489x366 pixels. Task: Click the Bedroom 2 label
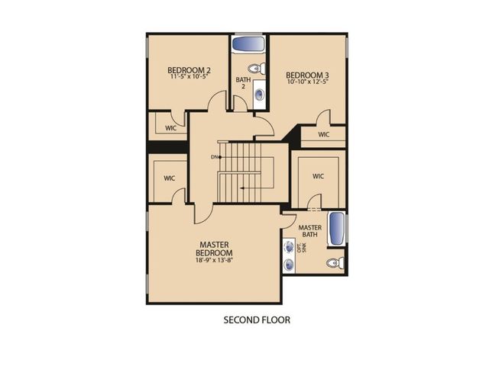(x=189, y=70)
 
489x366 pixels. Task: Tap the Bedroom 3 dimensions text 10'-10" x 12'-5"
(x=307, y=82)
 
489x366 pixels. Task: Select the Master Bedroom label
(x=214, y=249)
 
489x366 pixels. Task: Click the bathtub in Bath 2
(x=248, y=43)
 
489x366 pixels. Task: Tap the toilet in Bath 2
(x=257, y=69)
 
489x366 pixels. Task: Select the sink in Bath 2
(x=260, y=95)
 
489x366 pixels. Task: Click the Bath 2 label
(x=243, y=83)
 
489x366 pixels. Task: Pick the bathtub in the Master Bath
(x=337, y=229)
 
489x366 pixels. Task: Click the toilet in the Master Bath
(x=335, y=262)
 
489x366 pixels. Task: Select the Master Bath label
(x=310, y=231)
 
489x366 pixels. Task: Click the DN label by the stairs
(x=214, y=157)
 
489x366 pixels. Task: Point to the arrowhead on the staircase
(x=241, y=188)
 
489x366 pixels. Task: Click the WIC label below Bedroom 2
(x=170, y=128)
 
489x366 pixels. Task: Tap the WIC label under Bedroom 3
(x=324, y=134)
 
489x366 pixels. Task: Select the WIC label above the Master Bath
(x=318, y=176)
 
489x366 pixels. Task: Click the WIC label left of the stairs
(x=170, y=178)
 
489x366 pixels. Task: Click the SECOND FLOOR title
(x=257, y=320)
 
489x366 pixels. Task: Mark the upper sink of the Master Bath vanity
(x=290, y=247)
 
